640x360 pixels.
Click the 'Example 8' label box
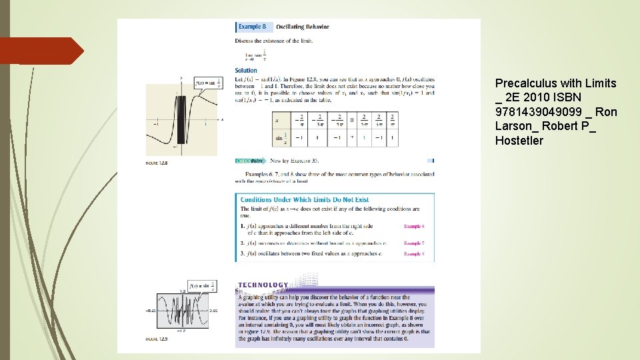pos(252,27)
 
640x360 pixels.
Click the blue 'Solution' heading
pos(245,71)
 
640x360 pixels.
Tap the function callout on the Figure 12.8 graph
pos(207,83)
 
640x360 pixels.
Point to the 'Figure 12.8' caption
pos(157,162)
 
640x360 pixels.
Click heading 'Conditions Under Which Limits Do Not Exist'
pos(304,199)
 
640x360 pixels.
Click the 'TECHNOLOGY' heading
pos(263,285)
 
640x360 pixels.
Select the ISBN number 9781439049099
pos(537,112)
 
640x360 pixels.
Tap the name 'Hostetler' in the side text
pos(519,141)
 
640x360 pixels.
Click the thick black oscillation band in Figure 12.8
pos(181,119)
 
